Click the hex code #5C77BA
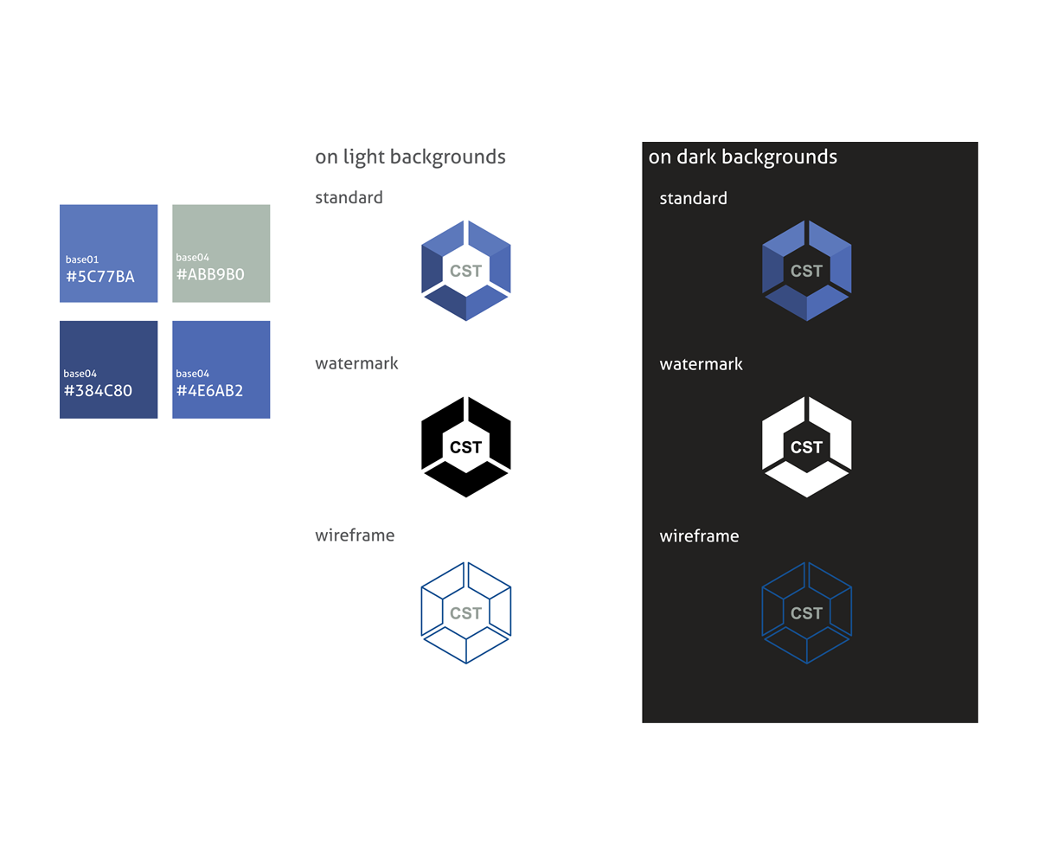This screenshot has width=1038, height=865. pyautogui.click(x=100, y=277)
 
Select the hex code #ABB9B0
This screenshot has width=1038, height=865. pyautogui.click(x=210, y=274)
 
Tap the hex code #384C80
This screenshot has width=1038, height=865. pyautogui.click(x=98, y=390)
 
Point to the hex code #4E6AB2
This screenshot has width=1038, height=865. pyautogui.click(x=209, y=390)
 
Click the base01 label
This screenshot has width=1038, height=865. pyautogui.click(x=82, y=259)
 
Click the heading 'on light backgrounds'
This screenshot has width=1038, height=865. pyautogui.click(x=410, y=157)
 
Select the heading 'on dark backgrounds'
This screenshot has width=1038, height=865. pyautogui.click(x=742, y=157)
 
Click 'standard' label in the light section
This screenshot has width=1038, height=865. pyautogui.click(x=349, y=197)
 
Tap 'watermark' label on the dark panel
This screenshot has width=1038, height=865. pyautogui.click(x=701, y=364)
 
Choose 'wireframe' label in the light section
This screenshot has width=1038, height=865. pyautogui.click(x=355, y=535)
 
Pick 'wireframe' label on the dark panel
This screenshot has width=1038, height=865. pyautogui.click(x=699, y=536)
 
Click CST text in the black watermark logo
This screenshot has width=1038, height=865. pyautogui.click(x=466, y=447)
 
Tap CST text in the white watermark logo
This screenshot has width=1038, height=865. pyautogui.click(x=807, y=447)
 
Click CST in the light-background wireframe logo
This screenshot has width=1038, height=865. pyautogui.click(x=466, y=613)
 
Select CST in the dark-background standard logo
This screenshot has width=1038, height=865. pyautogui.click(x=807, y=271)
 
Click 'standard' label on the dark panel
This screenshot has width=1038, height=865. pyautogui.click(x=693, y=198)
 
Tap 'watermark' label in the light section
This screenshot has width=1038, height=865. pyautogui.click(x=356, y=363)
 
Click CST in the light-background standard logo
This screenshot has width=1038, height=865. pyautogui.click(x=466, y=271)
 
